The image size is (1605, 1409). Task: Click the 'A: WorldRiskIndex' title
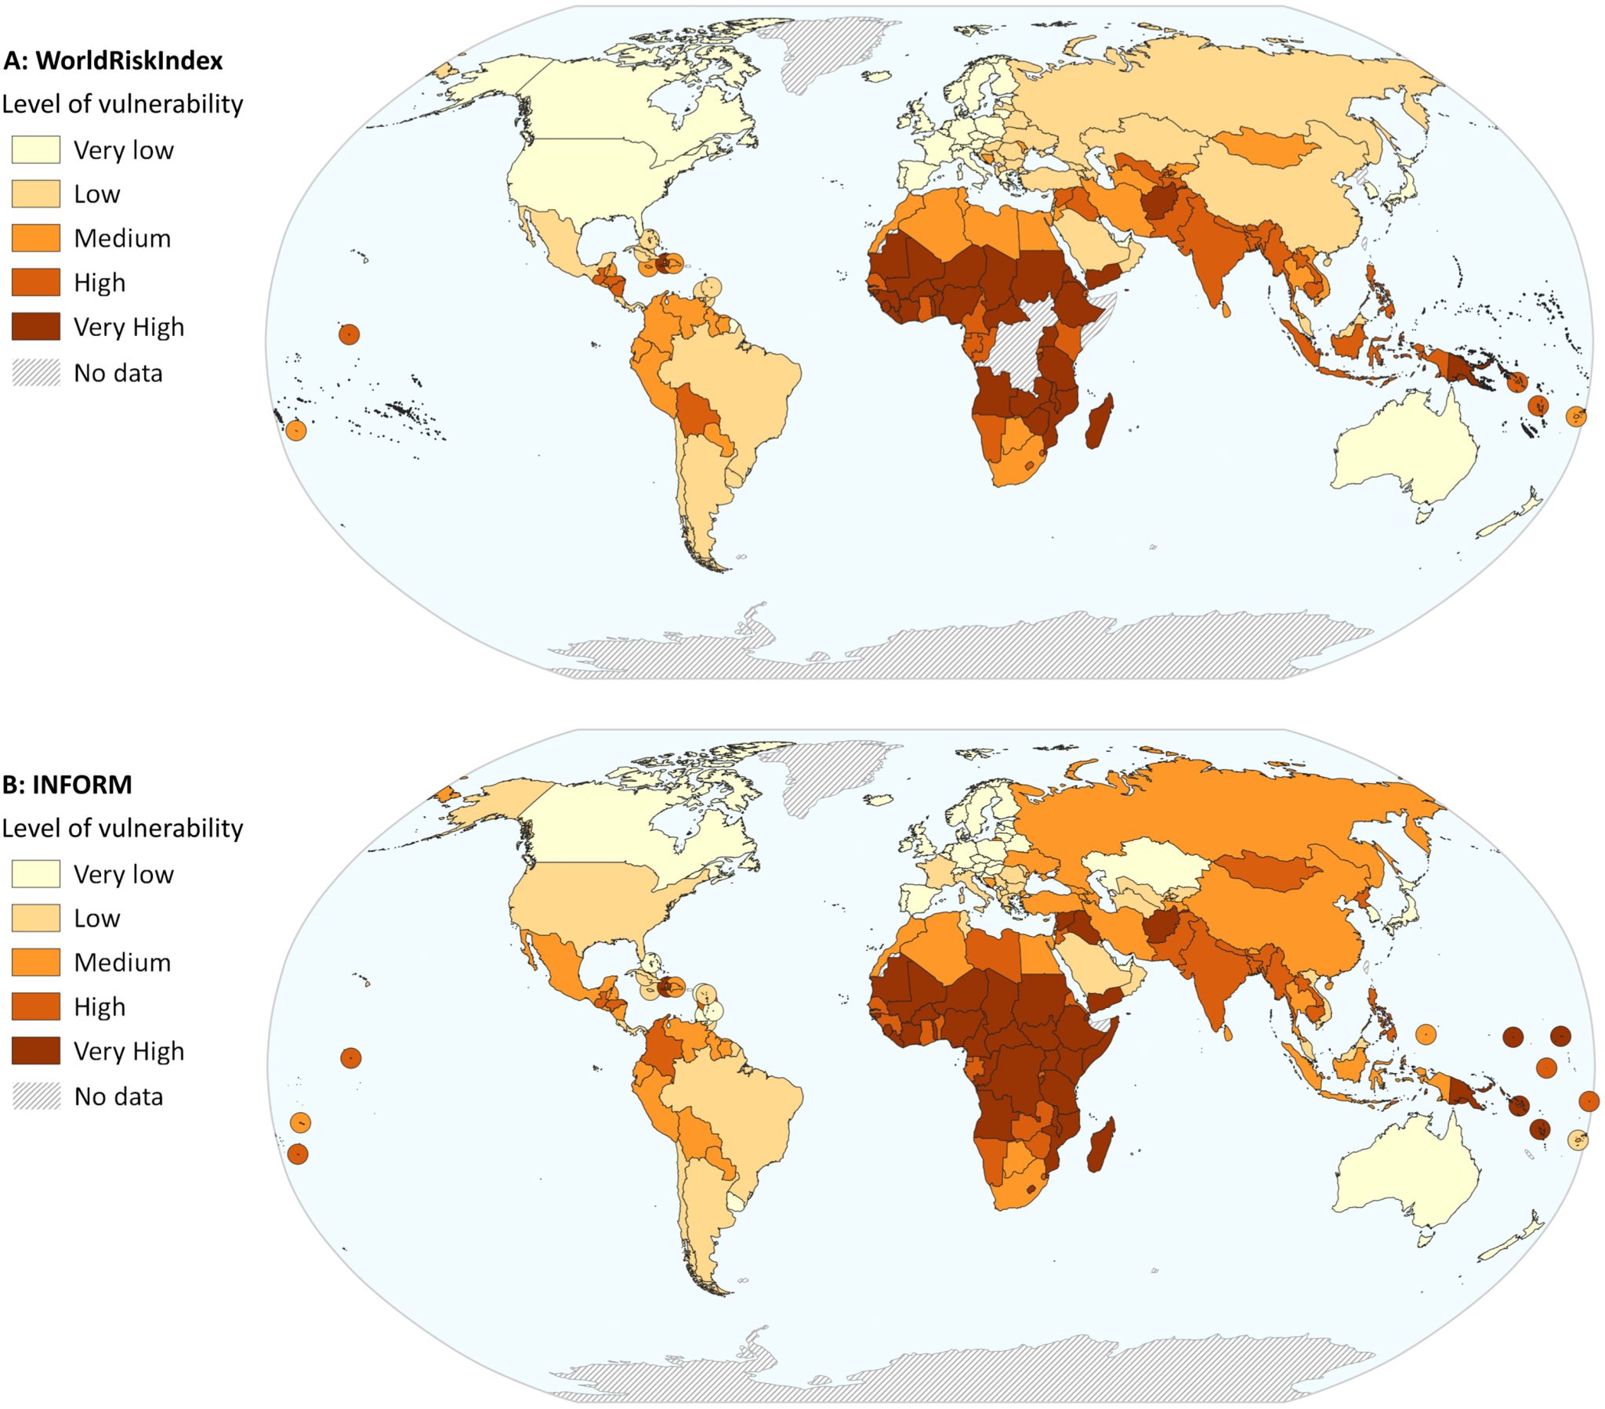[114, 60]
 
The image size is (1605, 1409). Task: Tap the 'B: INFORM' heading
[67, 784]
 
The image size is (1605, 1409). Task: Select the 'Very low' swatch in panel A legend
[35, 150]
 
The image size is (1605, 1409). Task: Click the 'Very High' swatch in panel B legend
[35, 1050]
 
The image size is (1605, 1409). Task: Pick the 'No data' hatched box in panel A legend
[35, 373]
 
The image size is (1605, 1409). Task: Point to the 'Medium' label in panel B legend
[121, 963]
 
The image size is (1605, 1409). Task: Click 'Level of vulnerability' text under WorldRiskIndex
[122, 103]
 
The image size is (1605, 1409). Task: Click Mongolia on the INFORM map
[1264, 871]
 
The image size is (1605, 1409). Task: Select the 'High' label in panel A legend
[100, 283]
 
